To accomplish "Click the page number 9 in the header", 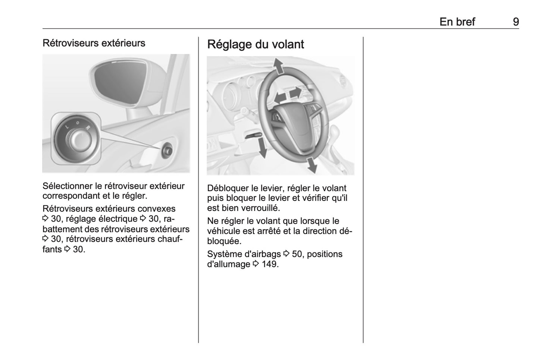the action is pos(516,22).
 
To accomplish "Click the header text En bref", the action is pos(457,22).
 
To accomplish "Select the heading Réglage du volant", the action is pos(256,44).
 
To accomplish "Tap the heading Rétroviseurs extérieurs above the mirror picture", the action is pos(94,43).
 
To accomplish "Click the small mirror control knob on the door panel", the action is pos(167,150).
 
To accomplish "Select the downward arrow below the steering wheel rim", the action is pos(311,165).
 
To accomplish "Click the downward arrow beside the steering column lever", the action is pos(263,148).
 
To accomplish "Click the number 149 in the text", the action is pos(270,264).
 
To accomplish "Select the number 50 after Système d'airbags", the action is pos(297,254).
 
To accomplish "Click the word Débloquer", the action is pos(225,188).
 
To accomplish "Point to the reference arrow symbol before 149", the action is pos(256,264).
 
